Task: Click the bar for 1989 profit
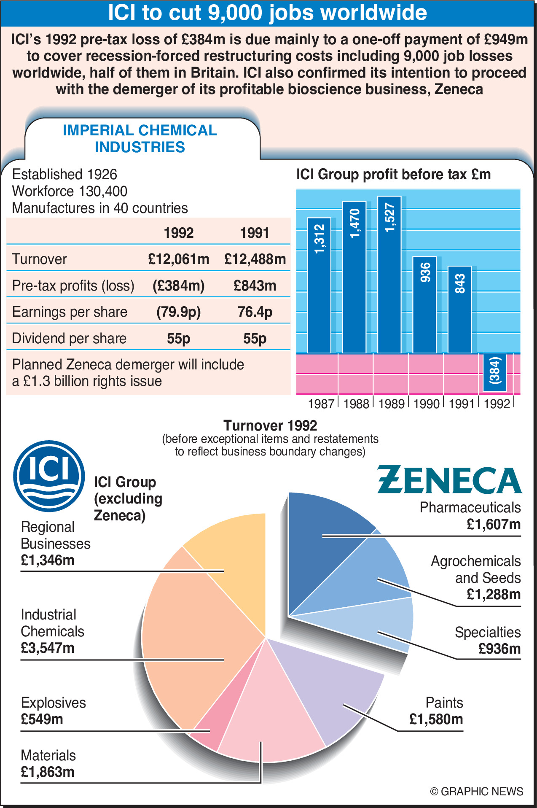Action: pyautogui.click(x=389, y=274)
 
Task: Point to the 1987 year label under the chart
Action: pyautogui.click(x=321, y=404)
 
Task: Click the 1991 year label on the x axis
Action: pyautogui.click(x=462, y=404)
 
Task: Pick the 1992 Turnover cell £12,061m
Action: pyautogui.click(x=178, y=259)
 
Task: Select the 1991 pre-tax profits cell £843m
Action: pyautogui.click(x=255, y=285)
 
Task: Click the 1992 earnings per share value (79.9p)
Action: pyautogui.click(x=178, y=312)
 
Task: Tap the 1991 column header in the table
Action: pyautogui.click(x=255, y=233)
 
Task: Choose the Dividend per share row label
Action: pyautogui.click(x=69, y=338)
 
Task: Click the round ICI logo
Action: pyautogui.click(x=49, y=476)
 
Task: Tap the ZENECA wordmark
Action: pyautogui.click(x=449, y=480)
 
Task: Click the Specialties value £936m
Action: pyautogui.click(x=499, y=649)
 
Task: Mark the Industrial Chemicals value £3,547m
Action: pyautogui.click(x=48, y=648)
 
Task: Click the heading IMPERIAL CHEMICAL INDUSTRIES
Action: pyautogui.click(x=140, y=139)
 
